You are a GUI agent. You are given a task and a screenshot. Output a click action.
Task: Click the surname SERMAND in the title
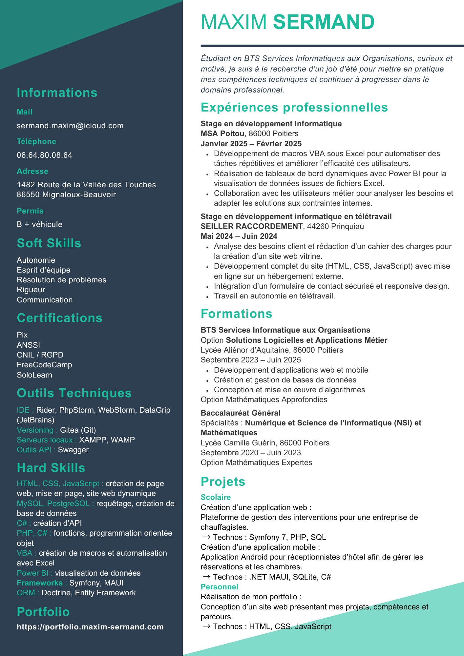tap(324, 22)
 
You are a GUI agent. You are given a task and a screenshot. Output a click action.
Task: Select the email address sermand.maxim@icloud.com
tap(70, 126)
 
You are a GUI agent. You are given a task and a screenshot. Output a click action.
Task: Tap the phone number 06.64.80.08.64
tap(44, 155)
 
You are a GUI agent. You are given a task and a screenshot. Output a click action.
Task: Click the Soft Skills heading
tap(49, 243)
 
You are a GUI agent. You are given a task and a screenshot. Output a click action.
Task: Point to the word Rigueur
tap(31, 290)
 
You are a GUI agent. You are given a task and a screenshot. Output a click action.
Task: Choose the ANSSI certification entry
tap(28, 345)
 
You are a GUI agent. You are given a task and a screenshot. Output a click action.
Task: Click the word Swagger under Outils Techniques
tap(73, 450)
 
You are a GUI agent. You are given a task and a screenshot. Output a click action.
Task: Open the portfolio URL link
tap(90, 627)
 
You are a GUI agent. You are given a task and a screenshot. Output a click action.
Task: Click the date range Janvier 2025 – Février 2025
tap(251, 144)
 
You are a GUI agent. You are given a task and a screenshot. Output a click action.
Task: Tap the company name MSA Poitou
tap(222, 134)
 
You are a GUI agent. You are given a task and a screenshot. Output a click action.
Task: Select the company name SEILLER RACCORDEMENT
tap(252, 227)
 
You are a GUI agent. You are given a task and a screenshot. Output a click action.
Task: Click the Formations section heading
tap(236, 314)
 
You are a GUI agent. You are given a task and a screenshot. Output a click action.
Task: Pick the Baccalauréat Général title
tap(241, 413)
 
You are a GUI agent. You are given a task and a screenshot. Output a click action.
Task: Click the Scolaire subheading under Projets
tap(216, 497)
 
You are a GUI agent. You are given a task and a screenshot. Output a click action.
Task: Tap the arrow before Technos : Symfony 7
tap(206, 537)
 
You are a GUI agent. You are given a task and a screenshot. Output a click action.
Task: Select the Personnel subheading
tap(219, 587)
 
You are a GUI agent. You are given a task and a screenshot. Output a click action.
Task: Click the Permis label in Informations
tap(30, 211)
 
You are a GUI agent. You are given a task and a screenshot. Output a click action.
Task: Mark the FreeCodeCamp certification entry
tap(44, 365)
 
